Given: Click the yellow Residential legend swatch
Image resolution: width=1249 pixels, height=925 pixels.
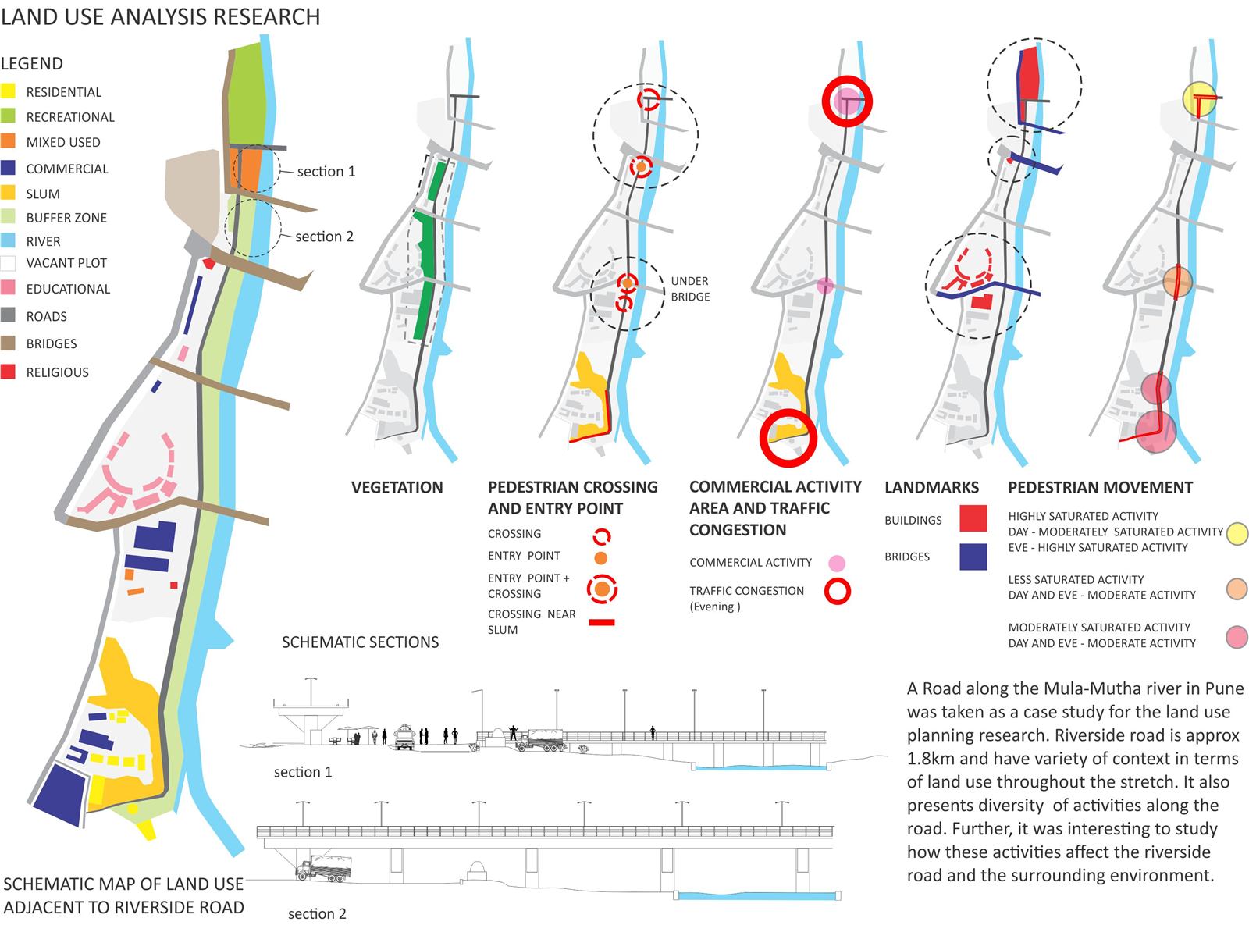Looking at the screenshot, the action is point(8,91).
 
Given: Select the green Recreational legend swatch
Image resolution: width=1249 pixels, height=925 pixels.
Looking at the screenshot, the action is point(8,116).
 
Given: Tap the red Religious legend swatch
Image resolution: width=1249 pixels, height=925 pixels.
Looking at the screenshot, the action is point(8,372).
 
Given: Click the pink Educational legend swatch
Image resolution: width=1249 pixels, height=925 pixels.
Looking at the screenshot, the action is point(8,288).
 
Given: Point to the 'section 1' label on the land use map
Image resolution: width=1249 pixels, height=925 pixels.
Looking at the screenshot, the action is point(326,171).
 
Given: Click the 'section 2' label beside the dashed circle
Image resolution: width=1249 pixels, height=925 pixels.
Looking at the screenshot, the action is point(325,237).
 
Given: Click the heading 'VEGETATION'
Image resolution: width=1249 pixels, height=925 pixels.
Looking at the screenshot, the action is point(397,487).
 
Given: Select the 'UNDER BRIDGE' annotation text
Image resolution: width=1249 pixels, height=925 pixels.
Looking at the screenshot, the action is point(690,289).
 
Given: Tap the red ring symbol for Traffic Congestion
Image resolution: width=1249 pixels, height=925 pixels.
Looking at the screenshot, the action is point(838,592).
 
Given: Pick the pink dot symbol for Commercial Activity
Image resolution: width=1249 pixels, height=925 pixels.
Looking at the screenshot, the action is point(837,563).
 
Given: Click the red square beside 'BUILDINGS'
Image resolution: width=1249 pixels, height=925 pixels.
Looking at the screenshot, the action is point(973,518).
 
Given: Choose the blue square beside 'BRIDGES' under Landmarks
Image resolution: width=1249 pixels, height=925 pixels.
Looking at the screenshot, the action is point(973,557).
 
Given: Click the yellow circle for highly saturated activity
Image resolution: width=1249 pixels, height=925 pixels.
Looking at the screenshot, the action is point(1237,533).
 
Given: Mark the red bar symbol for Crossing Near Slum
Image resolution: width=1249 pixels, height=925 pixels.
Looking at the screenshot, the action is point(601,622).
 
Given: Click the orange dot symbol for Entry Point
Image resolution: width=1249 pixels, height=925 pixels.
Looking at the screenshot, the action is point(601,557).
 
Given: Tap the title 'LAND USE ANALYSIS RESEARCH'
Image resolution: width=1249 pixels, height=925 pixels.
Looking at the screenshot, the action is point(161,17).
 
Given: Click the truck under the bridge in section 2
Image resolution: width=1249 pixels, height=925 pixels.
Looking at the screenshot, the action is point(323,868).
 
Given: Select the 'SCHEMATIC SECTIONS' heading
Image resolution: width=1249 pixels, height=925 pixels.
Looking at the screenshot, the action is point(360,642).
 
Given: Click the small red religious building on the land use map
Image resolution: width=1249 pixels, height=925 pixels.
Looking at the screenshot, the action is point(209,262).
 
